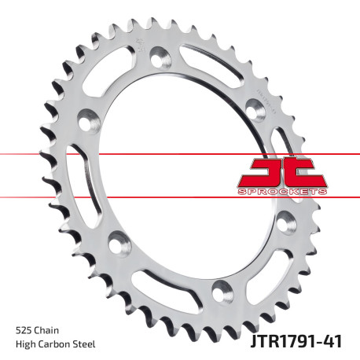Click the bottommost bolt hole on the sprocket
tap(222, 288)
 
